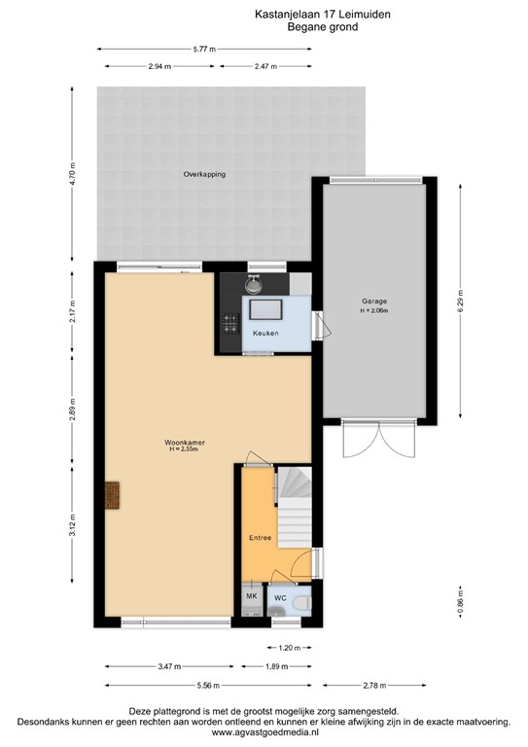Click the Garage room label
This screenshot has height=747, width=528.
coord(374,302)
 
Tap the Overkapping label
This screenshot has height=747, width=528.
coord(204,174)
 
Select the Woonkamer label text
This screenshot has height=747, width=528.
coord(184,443)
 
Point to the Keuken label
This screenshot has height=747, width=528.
coord(265,333)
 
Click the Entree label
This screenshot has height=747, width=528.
coord(260,537)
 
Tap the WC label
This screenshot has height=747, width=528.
coord(280,598)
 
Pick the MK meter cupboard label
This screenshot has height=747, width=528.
coord(252,596)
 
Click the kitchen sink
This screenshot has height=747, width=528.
coord(254,284)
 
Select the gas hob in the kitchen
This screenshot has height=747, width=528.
coord(230,324)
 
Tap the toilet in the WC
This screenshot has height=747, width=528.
coord(300,604)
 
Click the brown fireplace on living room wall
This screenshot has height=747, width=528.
coord(112,495)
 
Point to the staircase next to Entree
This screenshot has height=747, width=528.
coord(295,507)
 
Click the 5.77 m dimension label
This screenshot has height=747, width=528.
coord(204,49)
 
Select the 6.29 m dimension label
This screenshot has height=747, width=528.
coord(460,302)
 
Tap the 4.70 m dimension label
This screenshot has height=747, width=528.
coord(72,174)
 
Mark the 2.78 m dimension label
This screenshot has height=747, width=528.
coord(374,686)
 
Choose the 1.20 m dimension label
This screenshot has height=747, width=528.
coord(290,648)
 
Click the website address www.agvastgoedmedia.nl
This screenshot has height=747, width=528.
coord(264,732)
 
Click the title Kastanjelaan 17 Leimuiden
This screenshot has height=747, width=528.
coord(322,15)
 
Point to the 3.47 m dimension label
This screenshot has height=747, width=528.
coord(169,667)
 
